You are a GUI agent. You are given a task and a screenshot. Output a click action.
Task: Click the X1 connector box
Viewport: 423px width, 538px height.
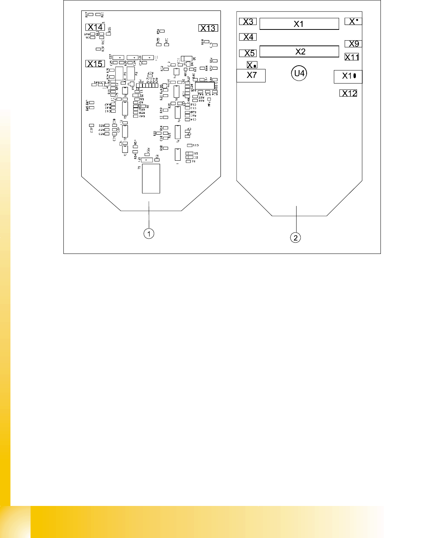click(x=299, y=24)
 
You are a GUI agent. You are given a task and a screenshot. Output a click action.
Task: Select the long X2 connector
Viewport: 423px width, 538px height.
click(x=299, y=51)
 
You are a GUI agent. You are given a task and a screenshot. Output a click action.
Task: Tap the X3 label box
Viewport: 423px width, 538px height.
click(x=248, y=22)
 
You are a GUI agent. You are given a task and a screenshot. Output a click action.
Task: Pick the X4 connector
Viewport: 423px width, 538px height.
click(x=248, y=37)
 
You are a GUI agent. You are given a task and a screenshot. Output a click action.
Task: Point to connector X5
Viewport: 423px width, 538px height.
click(x=248, y=53)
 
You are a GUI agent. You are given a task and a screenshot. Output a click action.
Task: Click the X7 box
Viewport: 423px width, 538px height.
click(x=251, y=75)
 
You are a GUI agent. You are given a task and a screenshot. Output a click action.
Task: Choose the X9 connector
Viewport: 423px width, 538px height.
click(x=353, y=44)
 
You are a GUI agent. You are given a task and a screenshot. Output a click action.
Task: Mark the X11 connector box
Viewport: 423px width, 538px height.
click(x=352, y=57)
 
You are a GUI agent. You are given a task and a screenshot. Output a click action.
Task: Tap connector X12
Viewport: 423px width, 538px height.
click(x=348, y=93)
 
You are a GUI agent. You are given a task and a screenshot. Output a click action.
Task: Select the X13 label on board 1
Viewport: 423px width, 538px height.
click(x=208, y=28)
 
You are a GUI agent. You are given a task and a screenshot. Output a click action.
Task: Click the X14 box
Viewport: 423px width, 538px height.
click(x=95, y=27)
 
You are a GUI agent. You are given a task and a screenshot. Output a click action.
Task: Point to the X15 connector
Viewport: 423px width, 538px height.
click(x=95, y=64)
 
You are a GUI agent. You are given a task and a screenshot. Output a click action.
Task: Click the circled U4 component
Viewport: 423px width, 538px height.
click(x=299, y=73)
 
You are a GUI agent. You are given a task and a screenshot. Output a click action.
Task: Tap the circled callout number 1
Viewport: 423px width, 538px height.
click(x=149, y=234)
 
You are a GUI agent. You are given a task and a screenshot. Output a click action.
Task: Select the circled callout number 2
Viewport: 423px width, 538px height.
click(x=295, y=237)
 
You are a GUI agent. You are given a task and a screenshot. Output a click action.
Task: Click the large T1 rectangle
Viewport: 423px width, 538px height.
click(x=151, y=179)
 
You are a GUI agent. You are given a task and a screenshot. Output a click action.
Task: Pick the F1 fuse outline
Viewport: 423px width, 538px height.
click(x=119, y=73)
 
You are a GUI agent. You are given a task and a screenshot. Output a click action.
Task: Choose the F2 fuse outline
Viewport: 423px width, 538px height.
click(x=131, y=73)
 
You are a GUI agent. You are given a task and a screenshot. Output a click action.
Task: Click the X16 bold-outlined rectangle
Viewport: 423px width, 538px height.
click(x=205, y=85)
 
